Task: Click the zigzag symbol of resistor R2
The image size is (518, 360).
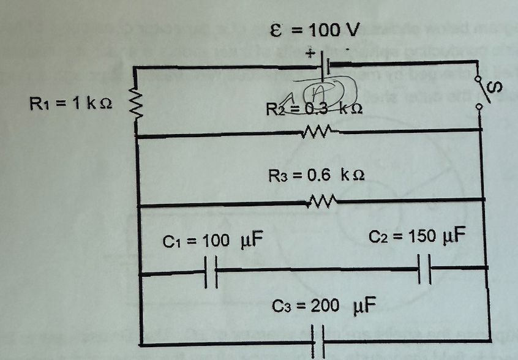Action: point(317,130)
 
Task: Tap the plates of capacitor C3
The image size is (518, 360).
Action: point(318,339)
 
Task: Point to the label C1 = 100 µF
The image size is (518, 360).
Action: point(212,241)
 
